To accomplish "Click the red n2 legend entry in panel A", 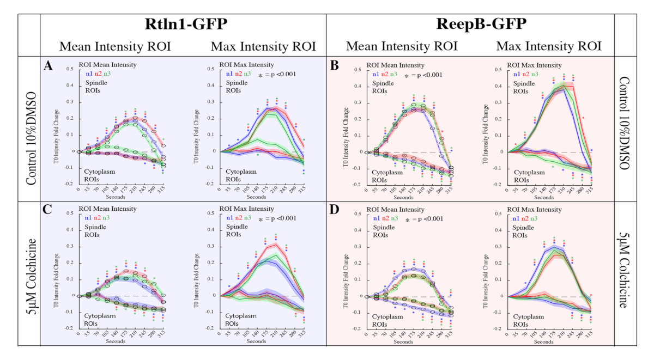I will tap(98, 74).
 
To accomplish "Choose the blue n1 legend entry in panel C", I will tap(89, 218).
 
